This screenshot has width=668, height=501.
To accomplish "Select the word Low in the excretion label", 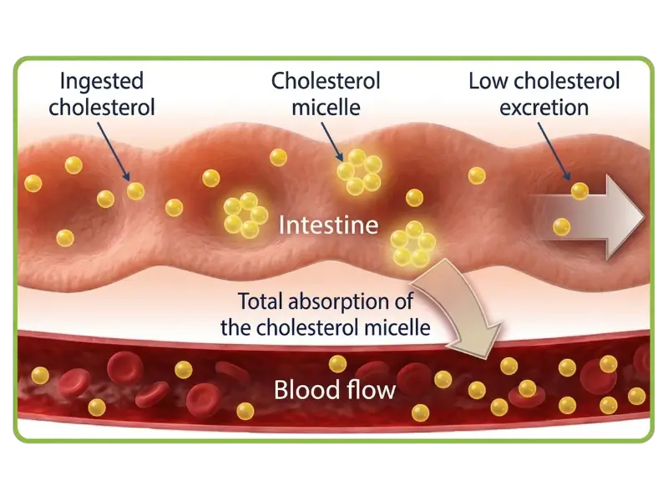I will (x=487, y=82).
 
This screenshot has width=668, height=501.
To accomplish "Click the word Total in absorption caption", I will (x=261, y=301).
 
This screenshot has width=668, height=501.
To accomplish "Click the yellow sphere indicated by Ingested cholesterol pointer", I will (x=135, y=191).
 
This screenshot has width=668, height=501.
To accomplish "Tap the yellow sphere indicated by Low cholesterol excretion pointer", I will (x=579, y=191).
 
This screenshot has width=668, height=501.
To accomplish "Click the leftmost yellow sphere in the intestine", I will (x=33, y=182).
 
